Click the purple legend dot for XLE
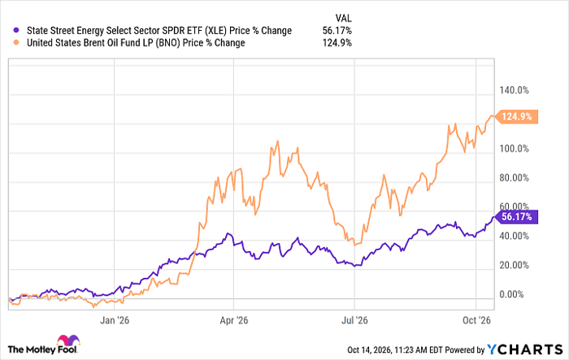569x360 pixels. pos(16,31)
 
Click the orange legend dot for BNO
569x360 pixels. pos(16,43)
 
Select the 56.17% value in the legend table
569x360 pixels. pos(337,31)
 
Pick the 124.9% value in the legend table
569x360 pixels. pos(337,43)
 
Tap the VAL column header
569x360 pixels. pos(343,18)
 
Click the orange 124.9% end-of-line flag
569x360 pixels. pos(517,117)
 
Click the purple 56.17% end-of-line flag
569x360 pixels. pos(517,217)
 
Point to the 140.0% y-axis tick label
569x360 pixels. pos(515,90)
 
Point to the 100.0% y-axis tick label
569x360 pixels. pos(515,149)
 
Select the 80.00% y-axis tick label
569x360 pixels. pos(515,178)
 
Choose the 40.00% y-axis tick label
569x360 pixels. pos(515,236)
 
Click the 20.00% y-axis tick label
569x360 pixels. pos(515,265)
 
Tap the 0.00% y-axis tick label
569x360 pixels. pos(511,294)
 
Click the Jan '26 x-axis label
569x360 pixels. pos(115,320)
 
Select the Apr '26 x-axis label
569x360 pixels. pos(234,320)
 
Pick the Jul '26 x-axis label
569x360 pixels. pos(354,320)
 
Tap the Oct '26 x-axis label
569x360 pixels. pos(476,320)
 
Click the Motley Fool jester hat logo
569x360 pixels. pos(68,340)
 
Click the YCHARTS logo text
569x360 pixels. pos(525,349)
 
